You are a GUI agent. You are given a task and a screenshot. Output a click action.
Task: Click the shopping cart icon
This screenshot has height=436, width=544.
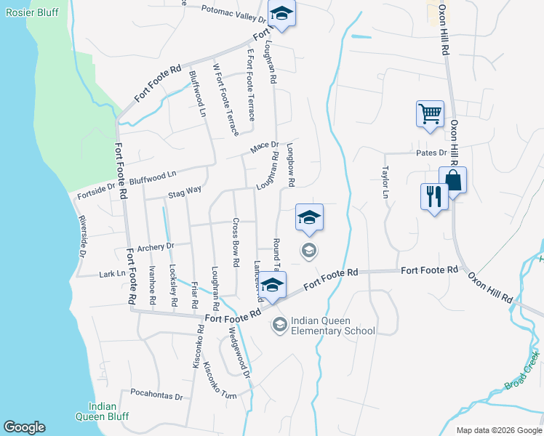coord(430,114)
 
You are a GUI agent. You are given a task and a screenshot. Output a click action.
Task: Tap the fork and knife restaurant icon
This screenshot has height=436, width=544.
coord(435,196)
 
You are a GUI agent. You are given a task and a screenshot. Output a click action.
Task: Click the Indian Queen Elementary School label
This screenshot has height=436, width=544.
coord(332,326)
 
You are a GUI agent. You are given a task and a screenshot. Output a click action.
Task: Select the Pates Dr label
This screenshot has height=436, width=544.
coord(431,153)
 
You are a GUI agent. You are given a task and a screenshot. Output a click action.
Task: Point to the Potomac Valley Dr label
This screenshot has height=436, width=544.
coord(228,15)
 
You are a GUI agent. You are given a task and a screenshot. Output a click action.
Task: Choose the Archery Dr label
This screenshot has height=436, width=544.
coord(156,246)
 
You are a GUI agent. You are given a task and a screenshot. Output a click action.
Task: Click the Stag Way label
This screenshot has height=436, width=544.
coord(184,192)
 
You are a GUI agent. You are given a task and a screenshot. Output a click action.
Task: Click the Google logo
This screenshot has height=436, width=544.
coord(24,427)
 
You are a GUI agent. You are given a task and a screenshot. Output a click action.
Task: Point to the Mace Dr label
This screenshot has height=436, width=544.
coord(264,148)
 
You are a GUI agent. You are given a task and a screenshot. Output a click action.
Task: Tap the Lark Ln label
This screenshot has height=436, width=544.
coord(111,274)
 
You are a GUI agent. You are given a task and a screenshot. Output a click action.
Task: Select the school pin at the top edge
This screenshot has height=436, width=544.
coord(281,15)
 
